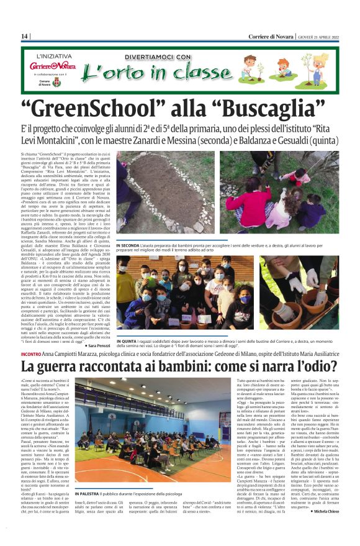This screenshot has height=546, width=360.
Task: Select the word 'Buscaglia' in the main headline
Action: point(260,109)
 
